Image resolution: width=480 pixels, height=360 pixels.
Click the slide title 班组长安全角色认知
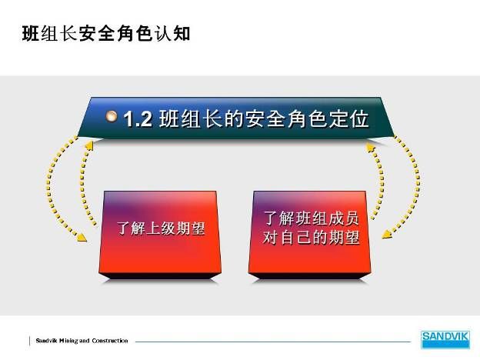106,33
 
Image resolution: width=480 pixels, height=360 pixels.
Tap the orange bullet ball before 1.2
112,116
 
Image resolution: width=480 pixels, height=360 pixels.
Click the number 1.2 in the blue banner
138,118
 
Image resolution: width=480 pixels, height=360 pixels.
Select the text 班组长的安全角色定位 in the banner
264,118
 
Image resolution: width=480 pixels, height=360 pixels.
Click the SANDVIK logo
445,339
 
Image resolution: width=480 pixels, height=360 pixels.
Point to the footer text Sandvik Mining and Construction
82,341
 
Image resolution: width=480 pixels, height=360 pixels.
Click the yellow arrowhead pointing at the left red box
82,237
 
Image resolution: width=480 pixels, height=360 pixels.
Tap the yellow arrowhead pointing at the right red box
387,234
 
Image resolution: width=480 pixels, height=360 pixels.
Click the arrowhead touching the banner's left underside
89,145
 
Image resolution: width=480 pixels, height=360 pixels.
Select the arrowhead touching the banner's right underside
371,148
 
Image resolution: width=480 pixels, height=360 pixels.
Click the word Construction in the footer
110,341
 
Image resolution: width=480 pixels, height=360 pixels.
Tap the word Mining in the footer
68,341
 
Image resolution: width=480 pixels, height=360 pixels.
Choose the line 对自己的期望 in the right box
311,238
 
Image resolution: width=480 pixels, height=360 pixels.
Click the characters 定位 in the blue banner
349,118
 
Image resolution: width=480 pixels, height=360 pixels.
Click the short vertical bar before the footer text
30,341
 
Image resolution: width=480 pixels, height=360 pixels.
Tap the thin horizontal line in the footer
273,342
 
